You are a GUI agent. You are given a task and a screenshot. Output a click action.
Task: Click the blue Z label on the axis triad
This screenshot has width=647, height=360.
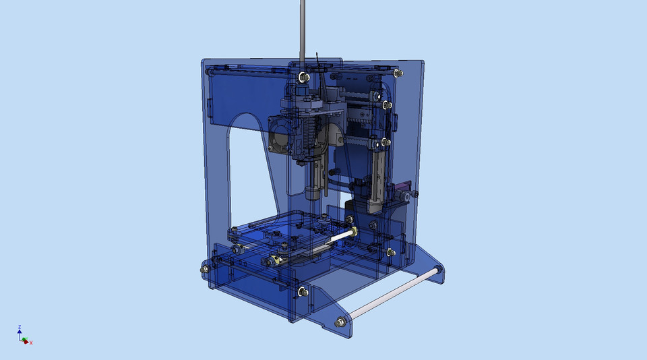coord(20,328)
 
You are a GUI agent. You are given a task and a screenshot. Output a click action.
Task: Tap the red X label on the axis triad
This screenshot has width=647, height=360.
coord(31,343)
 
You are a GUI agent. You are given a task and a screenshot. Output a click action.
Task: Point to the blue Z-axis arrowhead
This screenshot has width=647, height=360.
coord(20,333)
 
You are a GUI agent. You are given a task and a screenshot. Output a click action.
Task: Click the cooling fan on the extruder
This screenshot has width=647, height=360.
coord(280,133)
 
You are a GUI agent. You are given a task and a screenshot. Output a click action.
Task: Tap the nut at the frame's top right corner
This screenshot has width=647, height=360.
coord(400,72)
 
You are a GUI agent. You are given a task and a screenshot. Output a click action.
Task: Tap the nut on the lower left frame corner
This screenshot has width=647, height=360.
coord(204,270)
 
